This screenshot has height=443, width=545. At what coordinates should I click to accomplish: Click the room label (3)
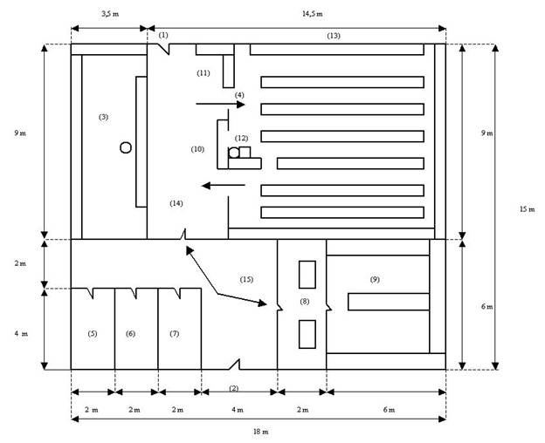(104, 117)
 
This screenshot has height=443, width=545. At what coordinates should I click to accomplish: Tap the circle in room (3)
(126, 147)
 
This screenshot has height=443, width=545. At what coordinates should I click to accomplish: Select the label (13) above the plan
(334, 36)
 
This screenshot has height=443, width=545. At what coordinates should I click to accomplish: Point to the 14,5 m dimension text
(312, 14)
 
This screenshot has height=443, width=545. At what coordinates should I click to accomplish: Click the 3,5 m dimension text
(110, 14)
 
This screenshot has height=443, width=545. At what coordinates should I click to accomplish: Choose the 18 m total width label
(260, 432)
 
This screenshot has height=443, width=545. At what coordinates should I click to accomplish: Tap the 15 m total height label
(528, 208)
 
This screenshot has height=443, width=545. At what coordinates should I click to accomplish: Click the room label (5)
(92, 333)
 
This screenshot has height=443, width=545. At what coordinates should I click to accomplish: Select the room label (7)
(174, 333)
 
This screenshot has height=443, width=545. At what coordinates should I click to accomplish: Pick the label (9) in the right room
(375, 279)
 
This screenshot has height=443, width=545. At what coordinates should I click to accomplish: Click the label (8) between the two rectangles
(305, 302)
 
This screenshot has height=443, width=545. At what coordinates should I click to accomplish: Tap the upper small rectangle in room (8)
(307, 275)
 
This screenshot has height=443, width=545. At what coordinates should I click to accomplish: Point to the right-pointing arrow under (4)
(220, 104)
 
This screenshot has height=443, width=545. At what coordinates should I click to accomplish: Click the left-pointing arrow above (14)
(223, 186)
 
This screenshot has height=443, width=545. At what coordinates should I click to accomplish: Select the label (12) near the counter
(242, 138)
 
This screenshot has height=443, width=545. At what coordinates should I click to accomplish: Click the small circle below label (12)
(234, 153)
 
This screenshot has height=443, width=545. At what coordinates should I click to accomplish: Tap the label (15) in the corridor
(246, 279)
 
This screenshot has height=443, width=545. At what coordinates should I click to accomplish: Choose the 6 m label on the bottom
(389, 410)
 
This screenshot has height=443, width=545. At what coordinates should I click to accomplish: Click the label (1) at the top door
(163, 35)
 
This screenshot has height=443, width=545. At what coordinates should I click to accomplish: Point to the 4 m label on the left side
(21, 333)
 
